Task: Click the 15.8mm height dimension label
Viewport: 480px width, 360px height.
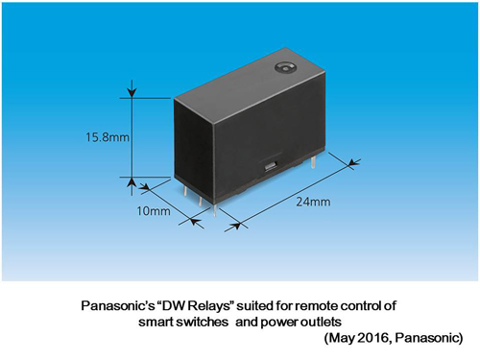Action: coord(99,136)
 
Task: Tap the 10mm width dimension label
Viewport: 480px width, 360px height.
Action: coord(155,209)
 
